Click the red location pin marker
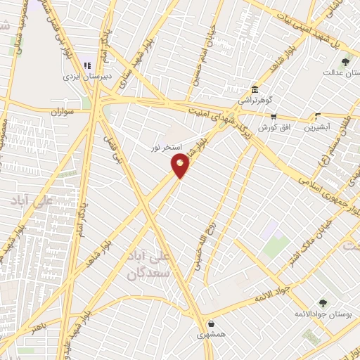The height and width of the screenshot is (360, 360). pyautogui.click(x=181, y=166)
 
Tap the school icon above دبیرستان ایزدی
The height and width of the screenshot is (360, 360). pyautogui.click(x=88, y=66)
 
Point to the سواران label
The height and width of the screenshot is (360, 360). pyautogui.click(x=63, y=112)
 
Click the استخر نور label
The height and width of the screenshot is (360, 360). pyautogui.click(x=167, y=147)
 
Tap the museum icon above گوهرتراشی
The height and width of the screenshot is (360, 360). pyautogui.click(x=254, y=90)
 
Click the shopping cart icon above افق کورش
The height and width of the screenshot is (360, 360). pyautogui.click(x=273, y=117)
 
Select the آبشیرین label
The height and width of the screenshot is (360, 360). pyautogui.click(x=319, y=127)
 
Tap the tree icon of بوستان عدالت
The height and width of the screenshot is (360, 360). pyautogui.click(x=345, y=63)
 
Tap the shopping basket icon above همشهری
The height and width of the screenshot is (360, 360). pyautogui.click(x=212, y=324)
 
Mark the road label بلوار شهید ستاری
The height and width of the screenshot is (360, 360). pyautogui.click(x=132, y=70)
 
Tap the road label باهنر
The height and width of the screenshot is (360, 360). pyautogui.click(x=41, y=326)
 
